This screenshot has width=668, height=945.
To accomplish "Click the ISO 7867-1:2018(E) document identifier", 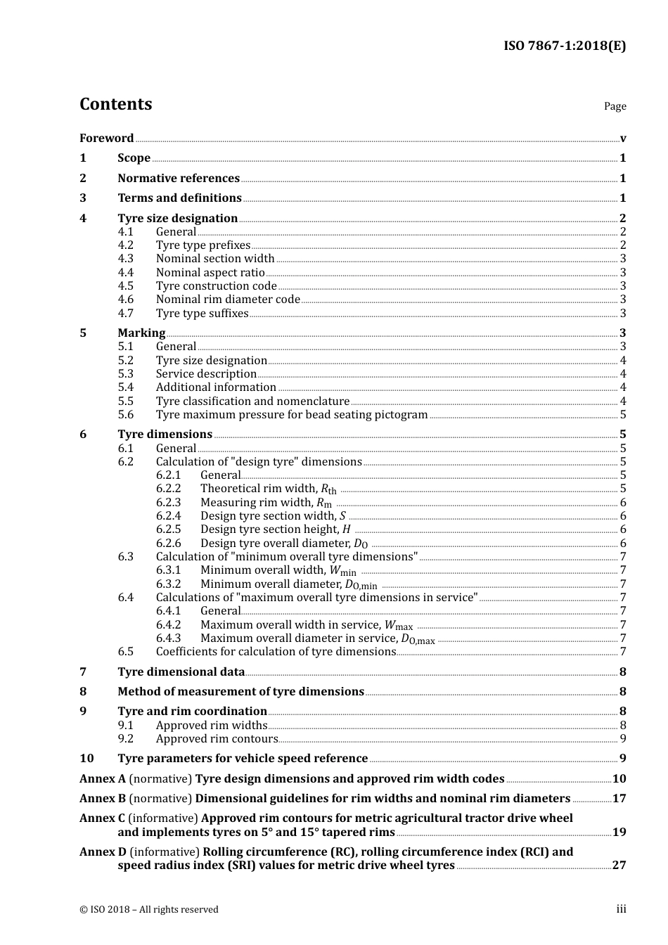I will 565,46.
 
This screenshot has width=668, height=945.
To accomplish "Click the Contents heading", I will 115,104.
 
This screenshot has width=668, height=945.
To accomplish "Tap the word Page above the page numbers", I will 615,106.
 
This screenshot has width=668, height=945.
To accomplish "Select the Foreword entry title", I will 106,139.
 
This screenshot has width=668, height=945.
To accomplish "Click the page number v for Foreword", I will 623,139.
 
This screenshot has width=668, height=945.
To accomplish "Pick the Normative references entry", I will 179,179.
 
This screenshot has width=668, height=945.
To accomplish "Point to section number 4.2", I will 126,245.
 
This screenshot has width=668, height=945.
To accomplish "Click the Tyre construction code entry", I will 216,286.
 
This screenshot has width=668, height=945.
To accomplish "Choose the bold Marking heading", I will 141,333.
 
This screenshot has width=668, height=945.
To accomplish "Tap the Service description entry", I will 206,374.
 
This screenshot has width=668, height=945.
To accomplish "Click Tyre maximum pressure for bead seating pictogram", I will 292,415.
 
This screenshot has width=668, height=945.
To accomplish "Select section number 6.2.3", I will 168,503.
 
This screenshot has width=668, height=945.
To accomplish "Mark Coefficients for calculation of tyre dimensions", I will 276,652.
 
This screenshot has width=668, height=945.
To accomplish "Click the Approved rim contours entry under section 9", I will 217,739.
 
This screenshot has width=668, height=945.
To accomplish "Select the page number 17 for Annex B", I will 619,799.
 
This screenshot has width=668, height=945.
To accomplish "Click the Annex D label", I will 103,852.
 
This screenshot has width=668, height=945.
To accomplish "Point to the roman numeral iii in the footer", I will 621,909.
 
